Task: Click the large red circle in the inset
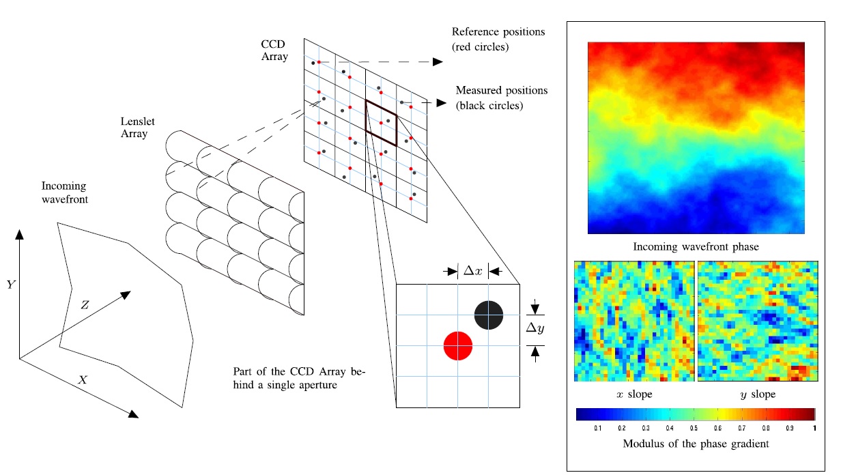pyautogui.click(x=457, y=345)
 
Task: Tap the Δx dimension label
pyautogui.click(x=472, y=271)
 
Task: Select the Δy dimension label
pyautogui.click(x=535, y=329)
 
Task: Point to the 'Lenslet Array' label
pyautogui.click(x=133, y=128)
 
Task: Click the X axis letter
pyautogui.click(x=83, y=379)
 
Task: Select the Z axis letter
pyautogui.click(x=85, y=306)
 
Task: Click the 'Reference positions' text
pyautogui.click(x=498, y=32)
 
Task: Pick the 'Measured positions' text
pyautogui.click(x=501, y=90)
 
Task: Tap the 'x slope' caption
pyautogui.click(x=633, y=394)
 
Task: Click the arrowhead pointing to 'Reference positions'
pyautogui.click(x=438, y=62)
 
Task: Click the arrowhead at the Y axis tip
pyautogui.click(x=20, y=235)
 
